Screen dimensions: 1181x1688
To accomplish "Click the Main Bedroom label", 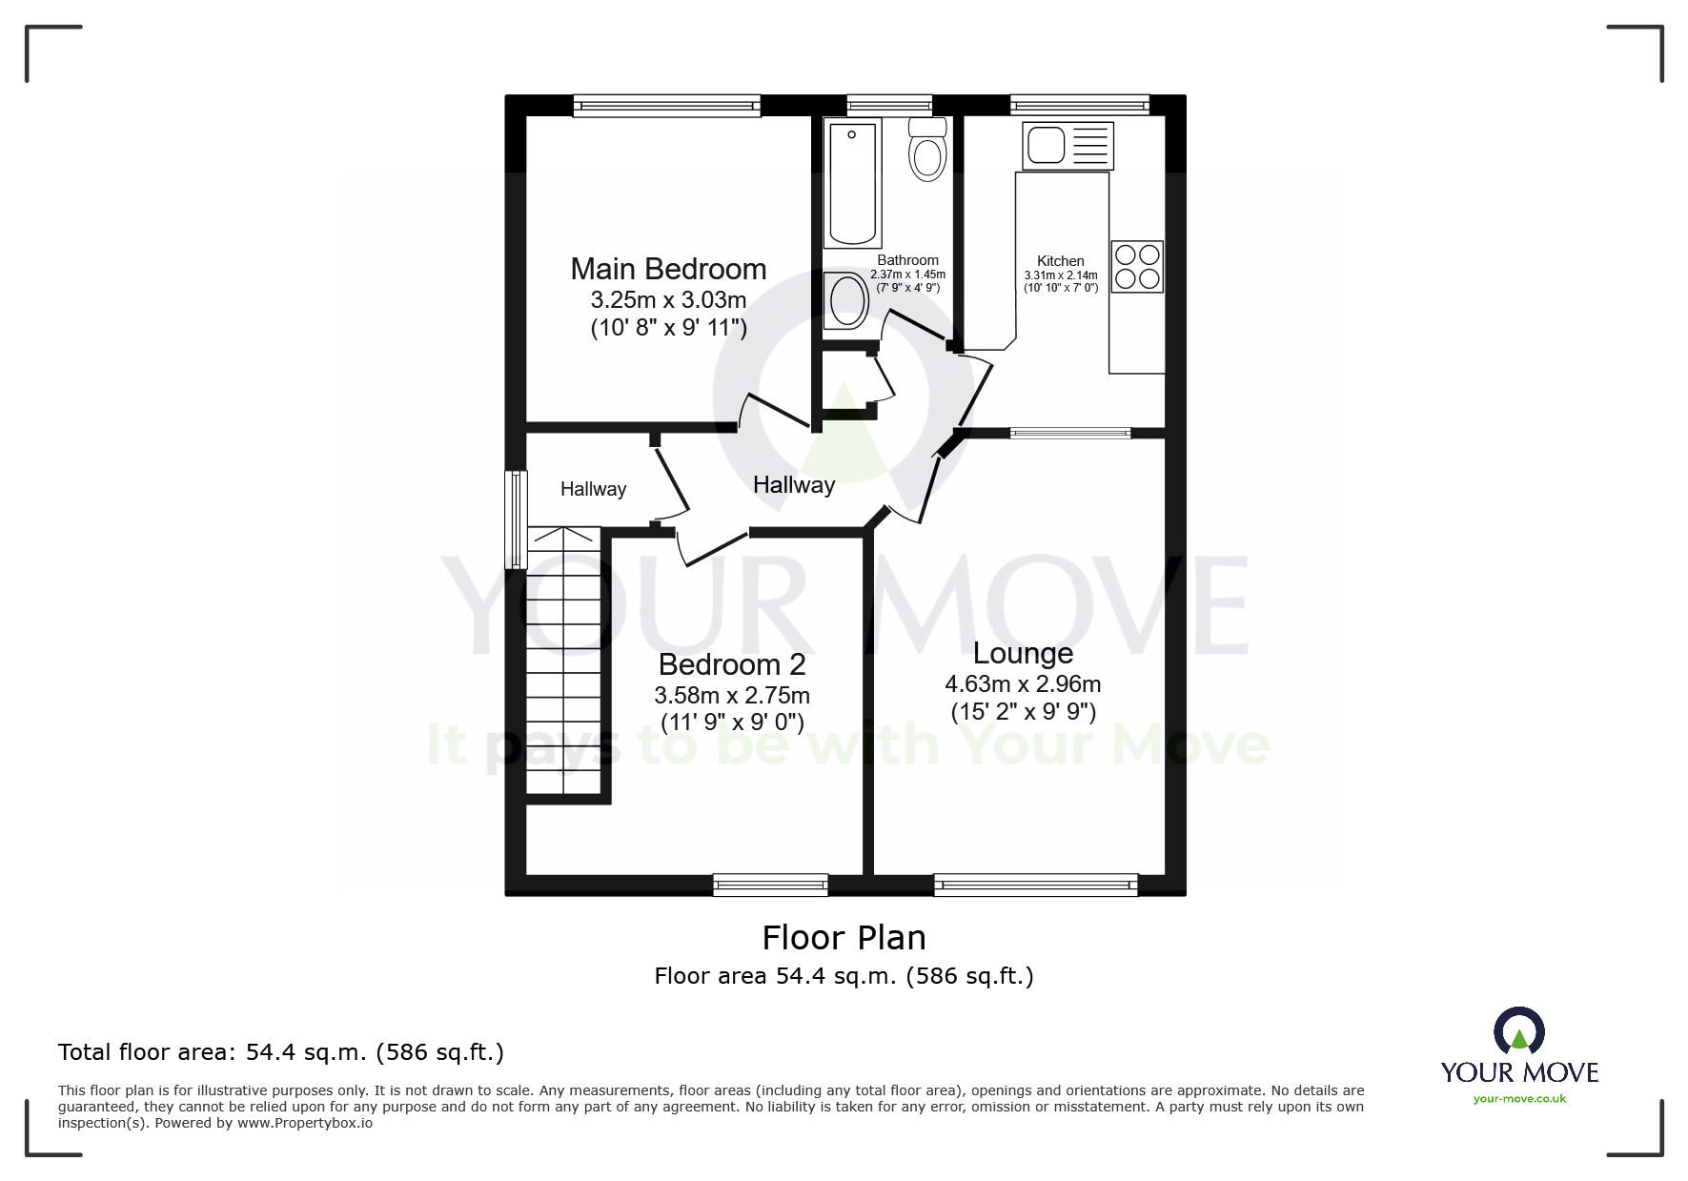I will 668,269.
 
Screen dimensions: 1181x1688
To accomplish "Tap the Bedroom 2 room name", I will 732,664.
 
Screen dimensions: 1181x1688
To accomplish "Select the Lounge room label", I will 1023,653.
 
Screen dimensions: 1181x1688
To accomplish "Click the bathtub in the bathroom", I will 852,184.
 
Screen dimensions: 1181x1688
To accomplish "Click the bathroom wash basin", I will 846,300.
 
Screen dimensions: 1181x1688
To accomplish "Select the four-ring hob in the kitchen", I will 1137,266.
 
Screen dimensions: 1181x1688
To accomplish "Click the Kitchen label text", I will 1060,260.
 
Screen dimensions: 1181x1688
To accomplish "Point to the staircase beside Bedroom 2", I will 565,662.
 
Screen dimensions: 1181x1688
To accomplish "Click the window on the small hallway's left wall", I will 517,519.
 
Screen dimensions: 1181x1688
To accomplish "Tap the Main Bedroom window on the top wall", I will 666,106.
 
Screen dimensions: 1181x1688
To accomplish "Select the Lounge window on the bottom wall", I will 1035,886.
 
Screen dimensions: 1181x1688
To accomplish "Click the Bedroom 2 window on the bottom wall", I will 770,886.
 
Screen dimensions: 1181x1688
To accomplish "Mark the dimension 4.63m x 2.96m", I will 1023,683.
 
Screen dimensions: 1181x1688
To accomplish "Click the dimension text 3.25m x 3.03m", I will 668,299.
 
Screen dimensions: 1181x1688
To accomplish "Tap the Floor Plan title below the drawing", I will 844,938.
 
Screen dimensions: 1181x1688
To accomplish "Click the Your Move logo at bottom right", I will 1519,1056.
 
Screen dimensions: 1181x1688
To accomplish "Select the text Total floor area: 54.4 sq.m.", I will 281,1052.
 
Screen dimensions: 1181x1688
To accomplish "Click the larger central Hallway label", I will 794,484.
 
